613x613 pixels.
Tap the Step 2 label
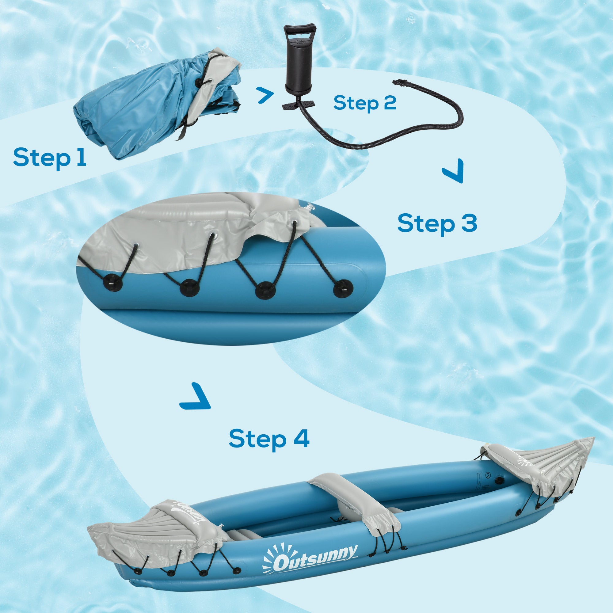364,103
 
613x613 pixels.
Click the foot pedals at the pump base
298,105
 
